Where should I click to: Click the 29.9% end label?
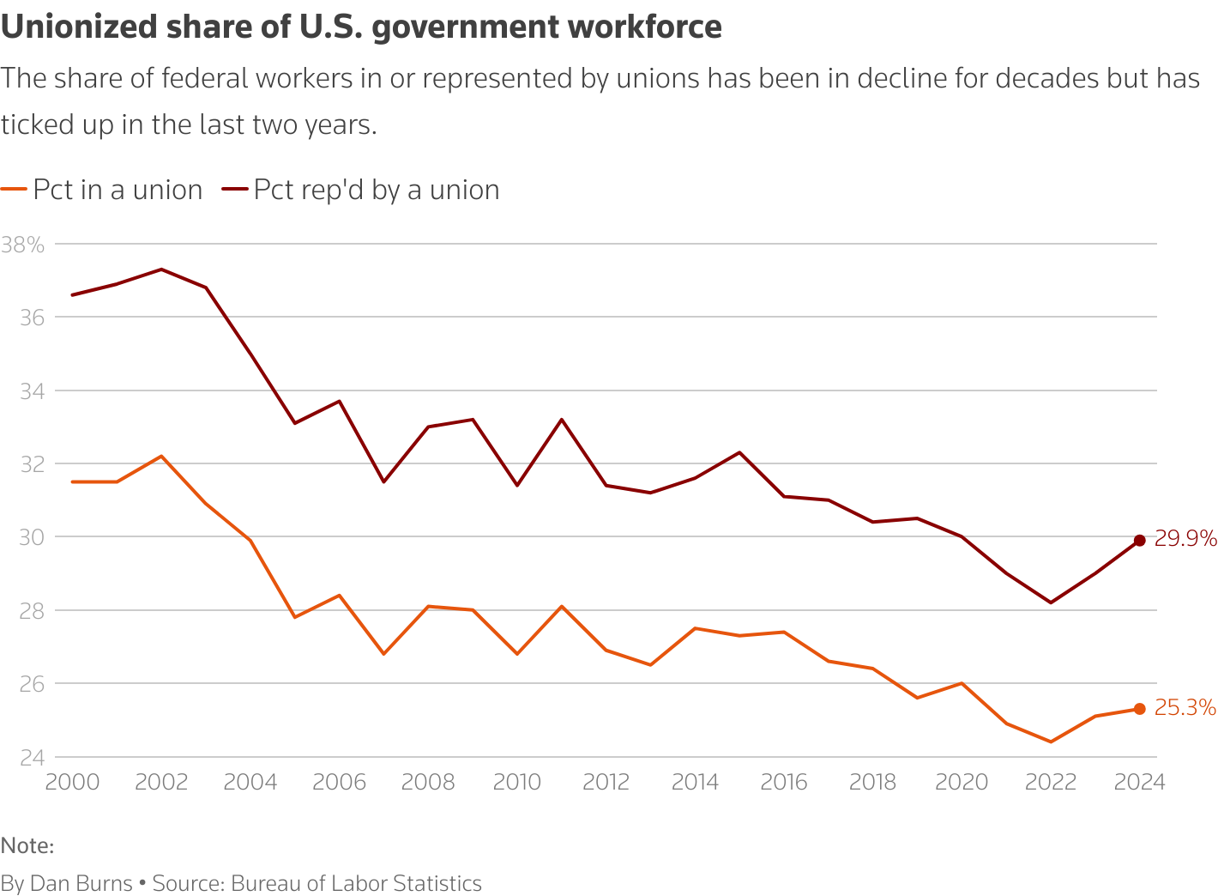click(1185, 539)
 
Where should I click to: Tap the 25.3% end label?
click(1185, 708)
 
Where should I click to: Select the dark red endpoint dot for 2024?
click(1139, 541)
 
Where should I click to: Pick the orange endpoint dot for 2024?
click(1139, 709)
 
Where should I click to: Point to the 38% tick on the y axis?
click(22, 245)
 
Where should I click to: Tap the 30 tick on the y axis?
click(31, 537)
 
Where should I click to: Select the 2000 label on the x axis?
click(72, 782)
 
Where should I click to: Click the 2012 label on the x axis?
click(606, 782)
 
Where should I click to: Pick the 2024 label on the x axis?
click(1139, 782)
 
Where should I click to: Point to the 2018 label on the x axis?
click(872, 782)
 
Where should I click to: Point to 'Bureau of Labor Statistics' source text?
click(356, 883)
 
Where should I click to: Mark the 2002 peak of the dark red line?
click(161, 269)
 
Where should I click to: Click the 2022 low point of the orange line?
click(1051, 742)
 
